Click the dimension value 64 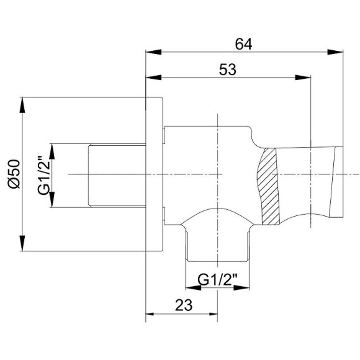click(x=243, y=44)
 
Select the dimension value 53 click(x=228, y=70)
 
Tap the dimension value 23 click(x=184, y=305)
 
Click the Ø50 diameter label click(x=14, y=174)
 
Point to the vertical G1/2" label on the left click(x=43, y=176)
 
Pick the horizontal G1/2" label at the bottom click(x=217, y=279)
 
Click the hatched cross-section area click(x=269, y=186)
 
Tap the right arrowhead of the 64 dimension click(x=335, y=52)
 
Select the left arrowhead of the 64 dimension click(x=153, y=52)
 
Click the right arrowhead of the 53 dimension click(x=303, y=78)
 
